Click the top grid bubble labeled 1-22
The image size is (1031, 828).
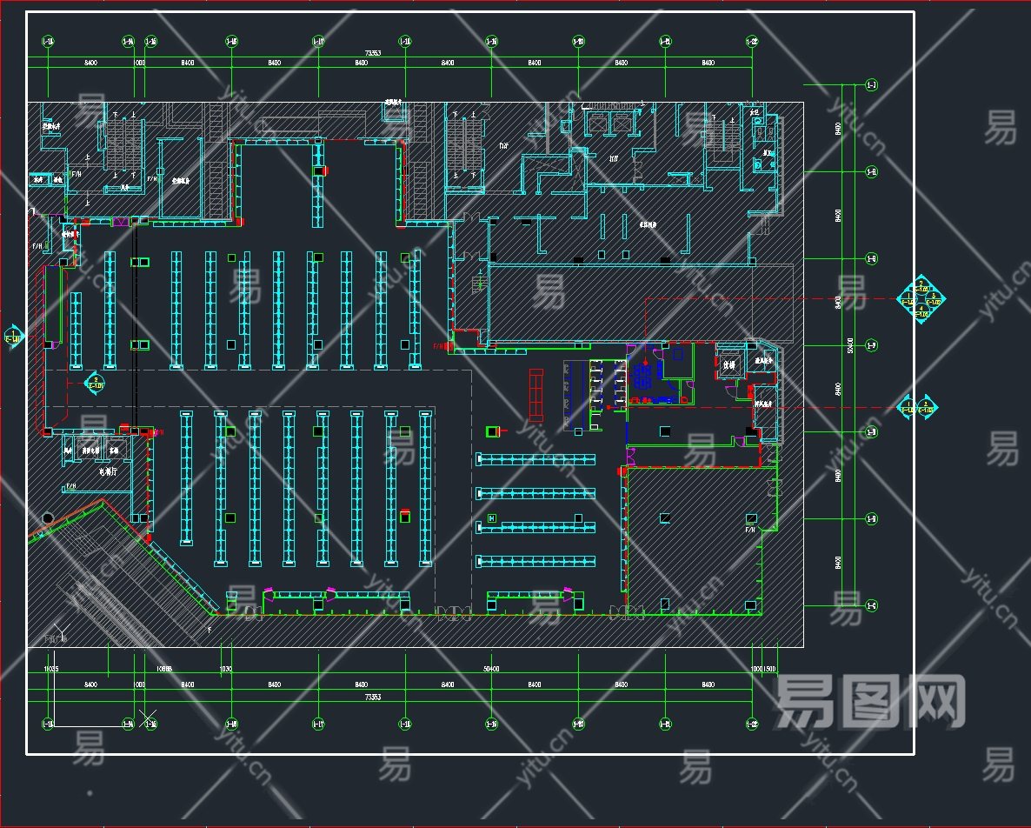[751, 41]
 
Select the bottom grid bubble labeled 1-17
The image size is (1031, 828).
[318, 722]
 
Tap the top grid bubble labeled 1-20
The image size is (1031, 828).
[578, 41]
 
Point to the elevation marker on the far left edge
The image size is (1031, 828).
[13, 337]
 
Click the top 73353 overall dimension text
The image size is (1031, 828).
[373, 53]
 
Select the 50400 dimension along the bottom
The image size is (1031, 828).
[490, 669]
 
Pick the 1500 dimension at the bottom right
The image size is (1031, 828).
[770, 669]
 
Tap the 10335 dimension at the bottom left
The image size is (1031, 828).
[51, 669]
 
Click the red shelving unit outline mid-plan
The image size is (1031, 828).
[536, 396]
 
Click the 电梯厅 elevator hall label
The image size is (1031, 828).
[108, 472]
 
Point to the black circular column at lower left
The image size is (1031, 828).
[48, 518]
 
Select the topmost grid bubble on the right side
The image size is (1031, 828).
[871, 84]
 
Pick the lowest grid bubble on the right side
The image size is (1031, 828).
[871, 605]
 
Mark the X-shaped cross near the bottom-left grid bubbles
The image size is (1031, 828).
[150, 718]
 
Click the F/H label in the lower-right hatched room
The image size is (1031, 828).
[750, 529]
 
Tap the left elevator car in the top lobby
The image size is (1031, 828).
[597, 124]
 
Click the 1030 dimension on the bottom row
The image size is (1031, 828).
[226, 669]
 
